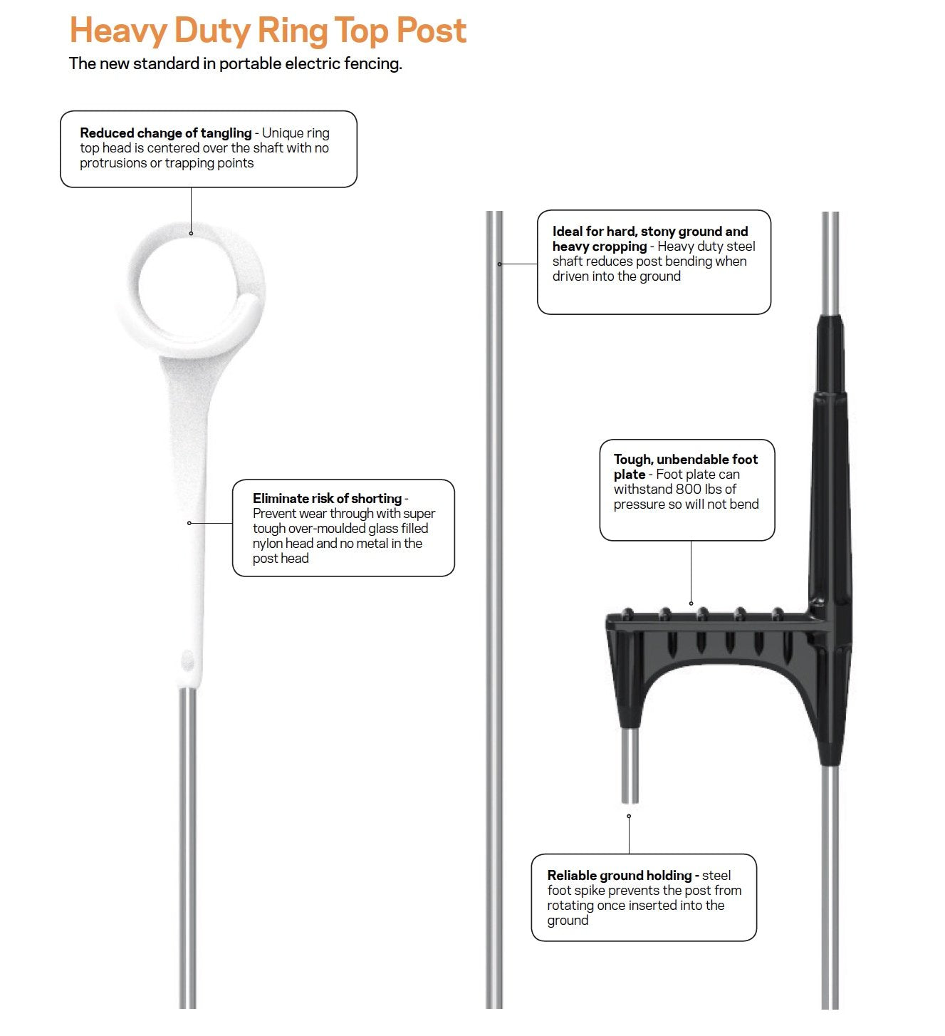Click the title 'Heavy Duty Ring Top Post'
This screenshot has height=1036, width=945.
(x=268, y=31)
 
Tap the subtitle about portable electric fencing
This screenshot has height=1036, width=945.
(x=235, y=63)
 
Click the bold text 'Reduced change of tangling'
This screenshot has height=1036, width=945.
(x=165, y=133)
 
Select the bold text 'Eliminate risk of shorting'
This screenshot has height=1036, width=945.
(x=327, y=499)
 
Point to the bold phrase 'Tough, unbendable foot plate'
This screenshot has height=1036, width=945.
(x=685, y=467)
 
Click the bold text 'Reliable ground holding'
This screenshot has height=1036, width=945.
(x=620, y=875)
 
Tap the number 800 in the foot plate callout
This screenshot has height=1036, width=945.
(x=689, y=489)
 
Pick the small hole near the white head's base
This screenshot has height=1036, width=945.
(x=188, y=661)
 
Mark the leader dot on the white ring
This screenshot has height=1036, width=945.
(x=191, y=233)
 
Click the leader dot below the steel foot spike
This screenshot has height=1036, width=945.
(x=629, y=817)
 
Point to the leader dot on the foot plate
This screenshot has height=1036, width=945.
(x=691, y=604)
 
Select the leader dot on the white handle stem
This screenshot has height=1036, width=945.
(x=189, y=523)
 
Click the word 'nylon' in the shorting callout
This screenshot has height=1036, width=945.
(x=268, y=544)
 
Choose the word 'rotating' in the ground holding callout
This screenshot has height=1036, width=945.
(x=571, y=906)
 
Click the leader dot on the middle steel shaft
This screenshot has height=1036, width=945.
(x=499, y=264)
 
